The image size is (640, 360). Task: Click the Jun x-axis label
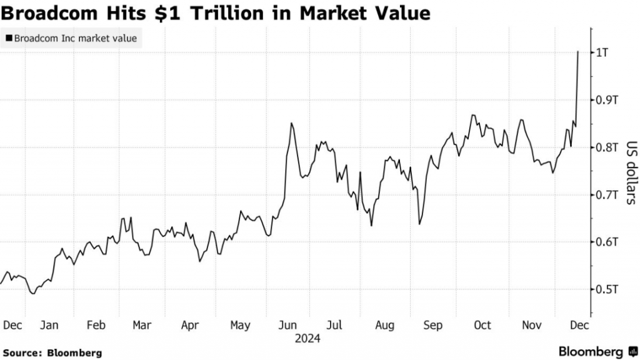point(287,325)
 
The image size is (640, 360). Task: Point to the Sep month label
point(432,325)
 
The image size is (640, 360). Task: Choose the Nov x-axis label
point(531,325)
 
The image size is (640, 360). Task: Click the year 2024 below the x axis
point(309,339)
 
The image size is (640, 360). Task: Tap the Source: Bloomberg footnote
point(52,352)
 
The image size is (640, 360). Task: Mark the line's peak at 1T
point(578,52)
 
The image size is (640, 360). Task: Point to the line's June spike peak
point(291,123)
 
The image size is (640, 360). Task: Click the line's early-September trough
point(419,224)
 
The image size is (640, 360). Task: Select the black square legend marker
point(9,39)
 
